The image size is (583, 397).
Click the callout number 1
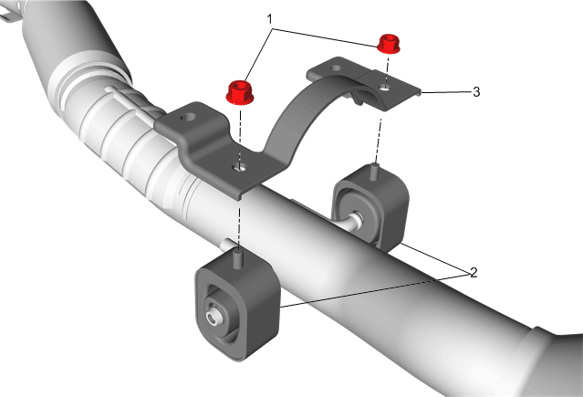pyautogui.click(x=270, y=19)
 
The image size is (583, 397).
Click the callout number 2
pyautogui.click(x=474, y=273)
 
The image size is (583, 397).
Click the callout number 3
pyautogui.click(x=476, y=92)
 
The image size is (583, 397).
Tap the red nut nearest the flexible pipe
pyautogui.click(x=240, y=92)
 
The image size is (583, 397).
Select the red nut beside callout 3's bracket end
pyautogui.click(x=389, y=44)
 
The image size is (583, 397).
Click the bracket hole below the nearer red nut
pyautogui.click(x=239, y=168)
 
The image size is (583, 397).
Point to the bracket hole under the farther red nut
pyautogui.click(x=385, y=88)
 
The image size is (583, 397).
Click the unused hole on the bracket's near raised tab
pyautogui.click(x=187, y=118)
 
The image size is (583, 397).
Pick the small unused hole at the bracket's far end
pyautogui.click(x=336, y=68)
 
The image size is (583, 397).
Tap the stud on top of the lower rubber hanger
pyautogui.click(x=238, y=258)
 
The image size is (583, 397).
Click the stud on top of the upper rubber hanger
pyautogui.click(x=375, y=172)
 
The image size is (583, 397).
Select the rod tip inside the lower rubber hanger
pyautogui.click(x=213, y=319)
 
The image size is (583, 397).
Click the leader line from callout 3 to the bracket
pyautogui.click(x=446, y=92)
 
